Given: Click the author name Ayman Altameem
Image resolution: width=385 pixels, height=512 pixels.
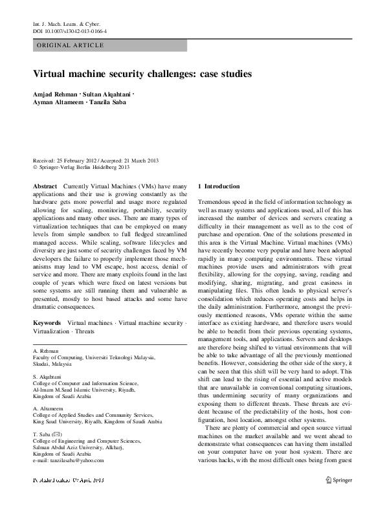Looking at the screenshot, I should [x=58, y=104].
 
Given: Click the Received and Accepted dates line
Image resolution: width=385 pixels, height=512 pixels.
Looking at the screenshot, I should [x=96, y=160].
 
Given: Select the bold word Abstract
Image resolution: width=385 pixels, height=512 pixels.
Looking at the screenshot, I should [x=45, y=186].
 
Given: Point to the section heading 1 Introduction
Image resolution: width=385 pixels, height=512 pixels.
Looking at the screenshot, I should [x=219, y=186].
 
